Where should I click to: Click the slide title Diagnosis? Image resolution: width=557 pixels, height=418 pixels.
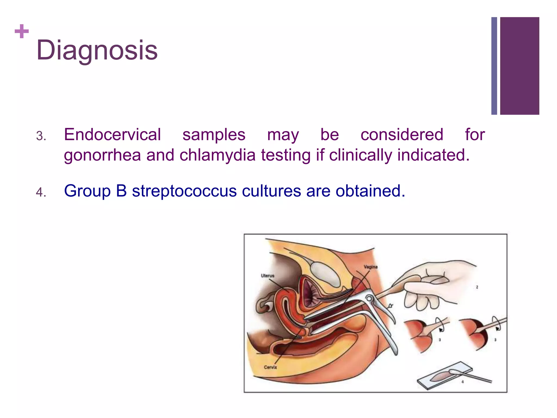97,50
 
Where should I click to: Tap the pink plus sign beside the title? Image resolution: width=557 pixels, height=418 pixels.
22,31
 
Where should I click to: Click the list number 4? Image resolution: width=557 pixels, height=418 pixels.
41,192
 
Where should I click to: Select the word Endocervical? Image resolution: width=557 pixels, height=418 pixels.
112,135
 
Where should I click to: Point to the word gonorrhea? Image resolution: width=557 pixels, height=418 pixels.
102,155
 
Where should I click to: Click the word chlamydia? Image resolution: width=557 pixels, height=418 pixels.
217,155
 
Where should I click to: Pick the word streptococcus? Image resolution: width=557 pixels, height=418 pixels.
184,191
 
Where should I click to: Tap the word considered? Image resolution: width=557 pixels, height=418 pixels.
402,135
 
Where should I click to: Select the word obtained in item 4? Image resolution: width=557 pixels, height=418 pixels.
370,191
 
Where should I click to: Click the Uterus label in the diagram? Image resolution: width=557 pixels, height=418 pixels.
268,276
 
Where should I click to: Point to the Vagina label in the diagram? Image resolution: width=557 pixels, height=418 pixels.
371,267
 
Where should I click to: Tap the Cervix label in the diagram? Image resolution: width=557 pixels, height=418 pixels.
270,367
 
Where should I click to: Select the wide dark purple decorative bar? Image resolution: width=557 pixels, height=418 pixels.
519,66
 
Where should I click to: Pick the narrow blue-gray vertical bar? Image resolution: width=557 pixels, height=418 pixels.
494,66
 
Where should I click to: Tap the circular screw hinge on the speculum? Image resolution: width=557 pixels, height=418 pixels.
369,299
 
